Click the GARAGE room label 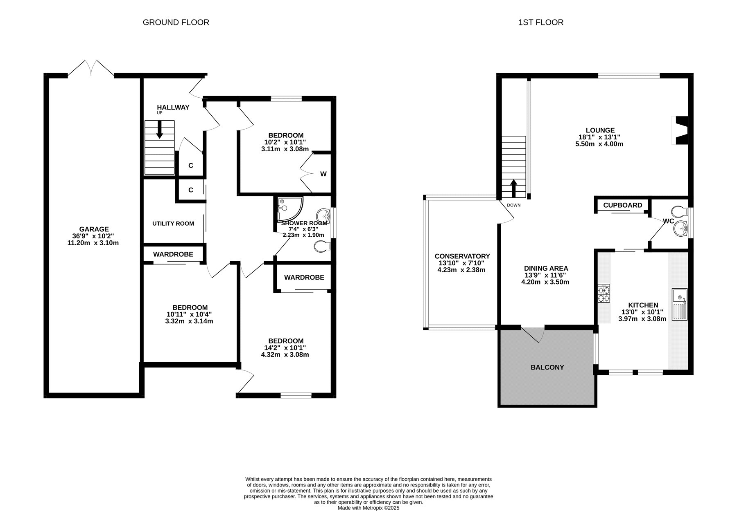(x=94, y=229)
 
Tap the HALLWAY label (x=173, y=108)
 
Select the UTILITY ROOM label (x=173, y=224)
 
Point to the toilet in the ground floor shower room (x=323, y=246)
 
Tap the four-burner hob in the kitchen (x=604, y=293)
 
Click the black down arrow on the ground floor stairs (x=159, y=129)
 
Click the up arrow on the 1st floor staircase (x=512, y=188)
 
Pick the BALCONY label (x=547, y=368)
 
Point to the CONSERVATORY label (x=462, y=256)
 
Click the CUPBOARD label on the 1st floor (x=623, y=205)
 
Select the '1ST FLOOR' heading (x=541, y=22)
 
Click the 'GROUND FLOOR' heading (x=176, y=22)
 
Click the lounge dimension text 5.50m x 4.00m (x=599, y=144)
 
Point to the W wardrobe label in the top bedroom (x=323, y=174)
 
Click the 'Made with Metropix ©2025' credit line (x=368, y=508)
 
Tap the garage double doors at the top (x=91, y=68)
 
